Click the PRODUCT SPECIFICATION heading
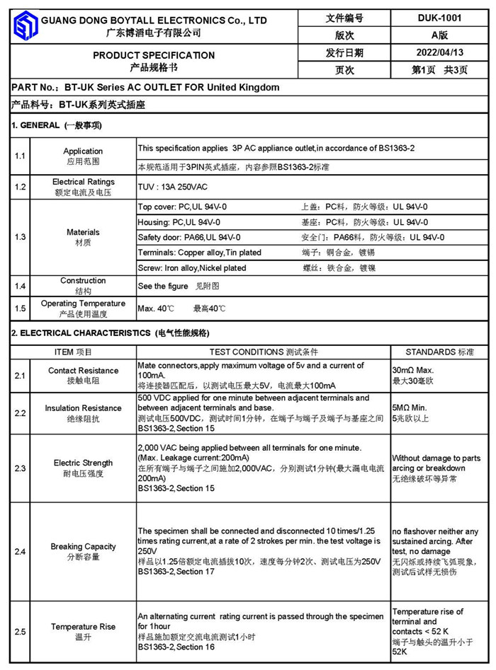154,55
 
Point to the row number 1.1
21,156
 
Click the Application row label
83,151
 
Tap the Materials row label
83,232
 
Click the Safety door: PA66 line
189,238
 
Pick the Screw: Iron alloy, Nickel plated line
192,268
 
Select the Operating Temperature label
83,304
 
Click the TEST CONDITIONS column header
264,352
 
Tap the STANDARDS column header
439,352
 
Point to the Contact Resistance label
83,371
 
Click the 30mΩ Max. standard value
412,371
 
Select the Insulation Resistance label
83,408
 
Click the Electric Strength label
83,463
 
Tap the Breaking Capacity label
83,547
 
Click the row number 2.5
21,631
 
